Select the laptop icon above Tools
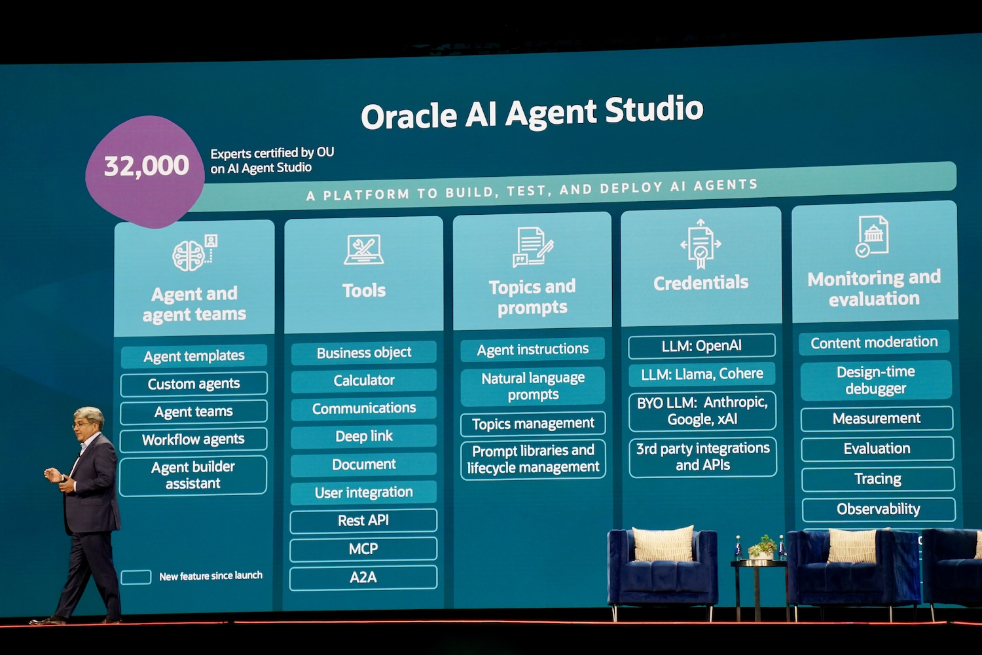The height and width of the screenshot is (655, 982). (x=363, y=250)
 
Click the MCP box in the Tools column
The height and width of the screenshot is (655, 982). (x=363, y=549)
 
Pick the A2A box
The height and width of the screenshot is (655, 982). (x=363, y=577)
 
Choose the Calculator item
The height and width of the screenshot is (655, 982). (x=363, y=381)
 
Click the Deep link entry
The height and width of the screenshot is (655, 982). (x=363, y=436)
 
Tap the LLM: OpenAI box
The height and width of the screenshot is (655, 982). (x=701, y=346)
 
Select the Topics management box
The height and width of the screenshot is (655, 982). (x=533, y=424)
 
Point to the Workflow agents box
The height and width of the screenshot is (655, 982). (x=193, y=440)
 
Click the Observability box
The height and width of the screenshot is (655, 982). (x=878, y=509)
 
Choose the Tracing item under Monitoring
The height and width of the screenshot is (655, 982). (x=877, y=479)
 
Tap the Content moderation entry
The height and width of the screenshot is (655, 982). (x=874, y=343)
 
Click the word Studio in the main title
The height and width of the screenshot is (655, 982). (x=654, y=110)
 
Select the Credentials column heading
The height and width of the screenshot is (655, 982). (x=700, y=283)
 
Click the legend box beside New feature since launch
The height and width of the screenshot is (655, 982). (x=136, y=577)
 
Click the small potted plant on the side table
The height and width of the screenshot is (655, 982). (x=762, y=546)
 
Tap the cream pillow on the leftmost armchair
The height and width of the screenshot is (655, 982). (x=663, y=544)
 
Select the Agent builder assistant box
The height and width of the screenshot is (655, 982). (x=193, y=475)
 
